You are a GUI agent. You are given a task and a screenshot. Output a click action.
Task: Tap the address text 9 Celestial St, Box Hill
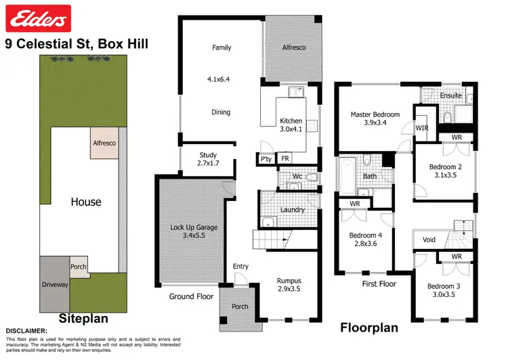[77, 44]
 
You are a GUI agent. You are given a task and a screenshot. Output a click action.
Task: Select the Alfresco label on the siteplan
[105, 143]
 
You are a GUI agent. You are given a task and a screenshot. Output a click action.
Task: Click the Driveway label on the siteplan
[56, 285]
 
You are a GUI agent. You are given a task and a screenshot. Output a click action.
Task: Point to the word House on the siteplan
[86, 202]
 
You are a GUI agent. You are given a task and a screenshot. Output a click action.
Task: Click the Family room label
[221, 47]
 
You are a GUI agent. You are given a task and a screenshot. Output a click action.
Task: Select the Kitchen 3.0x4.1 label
[291, 126]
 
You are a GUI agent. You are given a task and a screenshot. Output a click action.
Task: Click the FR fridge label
[285, 160]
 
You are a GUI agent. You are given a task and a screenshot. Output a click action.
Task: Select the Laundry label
[292, 210]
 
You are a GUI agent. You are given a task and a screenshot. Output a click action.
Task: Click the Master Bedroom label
[375, 119]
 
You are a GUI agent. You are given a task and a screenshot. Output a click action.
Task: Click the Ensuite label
[450, 95]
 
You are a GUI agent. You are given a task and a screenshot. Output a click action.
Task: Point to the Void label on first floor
[429, 240]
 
